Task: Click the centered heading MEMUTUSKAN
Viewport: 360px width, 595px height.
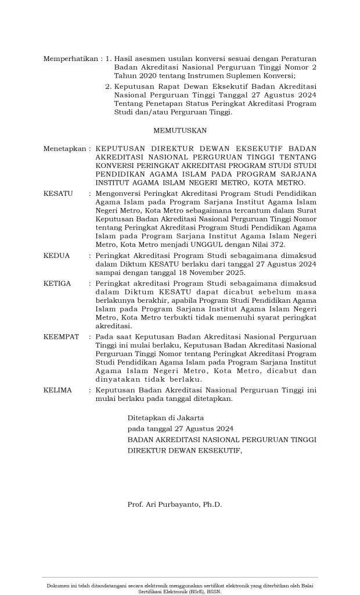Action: pos(179,131)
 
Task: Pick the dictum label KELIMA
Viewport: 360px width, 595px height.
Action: pos(57,390)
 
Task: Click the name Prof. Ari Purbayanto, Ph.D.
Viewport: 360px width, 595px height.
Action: pos(174,504)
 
